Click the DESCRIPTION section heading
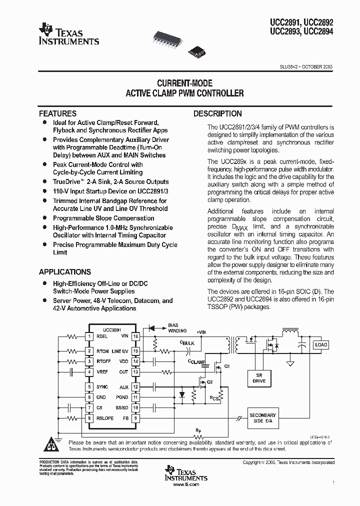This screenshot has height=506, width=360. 217,113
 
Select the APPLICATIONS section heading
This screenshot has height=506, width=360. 65,272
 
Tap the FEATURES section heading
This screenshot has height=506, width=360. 57,113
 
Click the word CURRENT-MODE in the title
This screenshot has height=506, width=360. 185,83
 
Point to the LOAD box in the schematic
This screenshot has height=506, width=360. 320,344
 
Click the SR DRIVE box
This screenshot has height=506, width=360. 259,377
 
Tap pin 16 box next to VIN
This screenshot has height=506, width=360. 135,336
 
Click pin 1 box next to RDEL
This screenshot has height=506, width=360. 89,336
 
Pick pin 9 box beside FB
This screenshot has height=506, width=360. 135,418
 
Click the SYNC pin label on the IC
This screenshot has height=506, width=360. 102,387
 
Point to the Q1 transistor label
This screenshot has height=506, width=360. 227,366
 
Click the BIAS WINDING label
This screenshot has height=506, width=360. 176,328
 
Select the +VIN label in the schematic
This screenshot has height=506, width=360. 201,332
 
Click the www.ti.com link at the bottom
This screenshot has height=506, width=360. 185,484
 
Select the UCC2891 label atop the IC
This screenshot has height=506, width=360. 112,330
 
